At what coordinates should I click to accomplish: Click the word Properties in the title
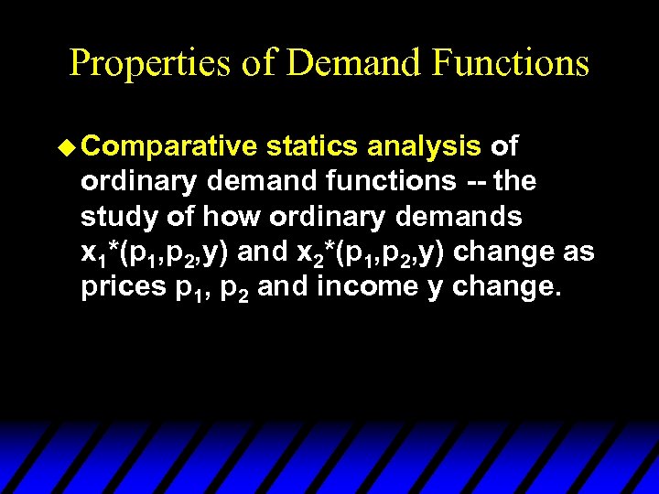tap(149, 63)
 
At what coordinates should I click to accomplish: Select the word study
tap(113, 217)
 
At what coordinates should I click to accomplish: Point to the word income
tap(361, 287)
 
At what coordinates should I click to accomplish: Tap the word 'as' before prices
tap(576, 252)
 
